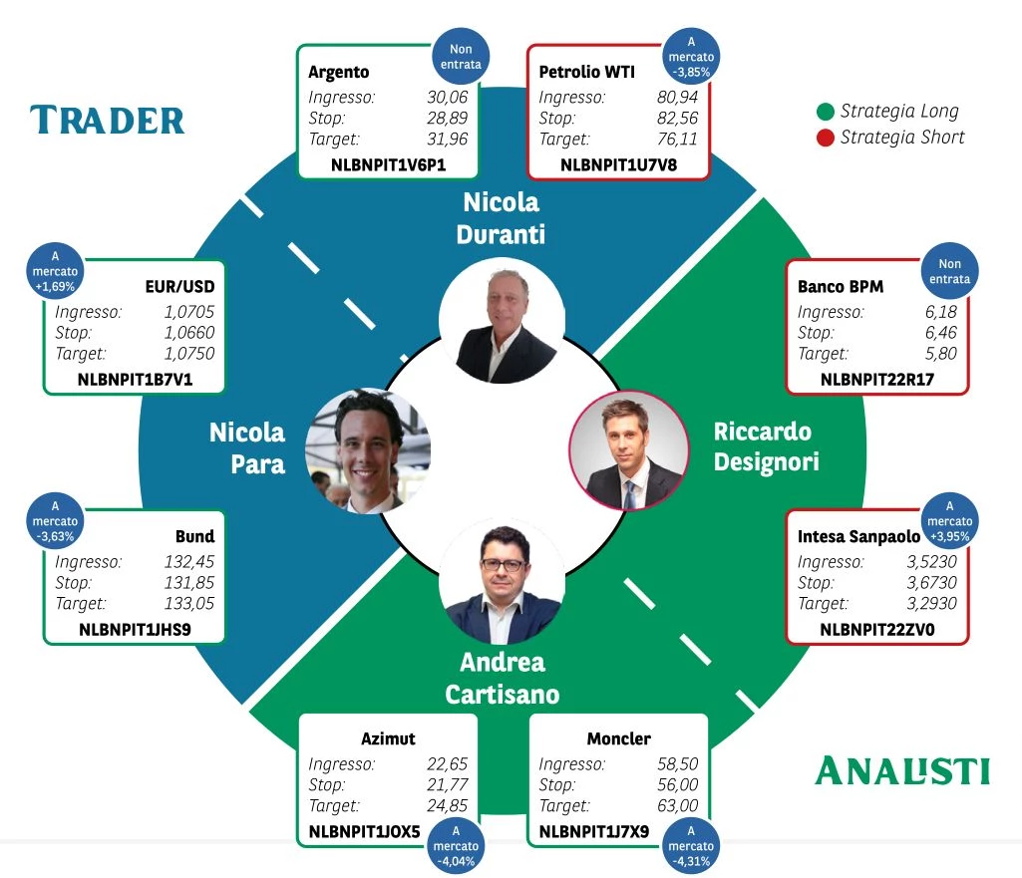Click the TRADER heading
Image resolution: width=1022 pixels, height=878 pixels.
(x=108, y=121)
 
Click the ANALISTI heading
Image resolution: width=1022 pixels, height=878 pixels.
(x=902, y=770)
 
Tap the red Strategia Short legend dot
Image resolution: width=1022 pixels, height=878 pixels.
(x=825, y=138)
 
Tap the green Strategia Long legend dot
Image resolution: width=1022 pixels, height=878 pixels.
(x=825, y=111)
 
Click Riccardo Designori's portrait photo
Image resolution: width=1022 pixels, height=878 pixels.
(x=629, y=450)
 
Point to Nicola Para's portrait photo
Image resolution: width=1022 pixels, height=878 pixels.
(x=368, y=450)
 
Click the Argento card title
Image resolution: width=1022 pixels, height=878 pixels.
(x=339, y=72)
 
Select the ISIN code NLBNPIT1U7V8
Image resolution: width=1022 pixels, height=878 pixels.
(x=618, y=164)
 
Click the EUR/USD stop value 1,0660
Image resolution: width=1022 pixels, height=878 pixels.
(x=189, y=333)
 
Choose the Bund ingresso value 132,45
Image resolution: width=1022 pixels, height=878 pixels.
(x=189, y=562)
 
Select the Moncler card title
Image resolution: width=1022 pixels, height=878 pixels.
(x=619, y=738)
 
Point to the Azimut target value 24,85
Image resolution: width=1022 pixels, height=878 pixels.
(x=448, y=806)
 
